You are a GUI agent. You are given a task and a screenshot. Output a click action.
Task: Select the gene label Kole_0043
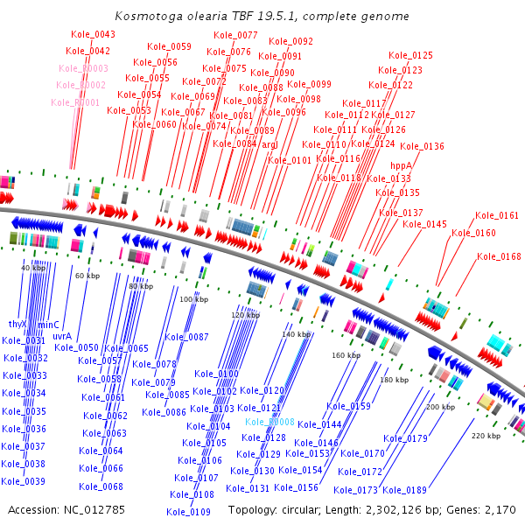pos(93,34)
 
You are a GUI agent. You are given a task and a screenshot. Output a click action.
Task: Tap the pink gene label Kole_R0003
pos(84,68)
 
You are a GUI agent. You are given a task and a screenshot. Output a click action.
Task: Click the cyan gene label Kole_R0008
pos(269,422)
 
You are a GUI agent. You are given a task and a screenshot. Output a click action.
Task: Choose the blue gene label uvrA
pos(62,335)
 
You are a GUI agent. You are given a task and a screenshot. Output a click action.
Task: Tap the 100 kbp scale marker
pos(194,299)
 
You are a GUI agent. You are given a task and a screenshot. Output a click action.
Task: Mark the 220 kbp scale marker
pos(486,436)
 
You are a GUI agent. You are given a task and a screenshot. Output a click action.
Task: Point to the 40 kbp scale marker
pos(33,268)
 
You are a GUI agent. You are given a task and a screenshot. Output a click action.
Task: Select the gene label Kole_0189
pos(405,490)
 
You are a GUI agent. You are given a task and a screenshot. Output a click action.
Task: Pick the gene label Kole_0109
pos(192,511)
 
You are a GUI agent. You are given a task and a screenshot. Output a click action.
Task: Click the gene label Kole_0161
pos(497,215)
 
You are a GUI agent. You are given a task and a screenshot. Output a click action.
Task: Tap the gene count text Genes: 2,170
pos(478,510)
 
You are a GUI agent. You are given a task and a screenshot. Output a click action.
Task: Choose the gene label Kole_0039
pos(24,481)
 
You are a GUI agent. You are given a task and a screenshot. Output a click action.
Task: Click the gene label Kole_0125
pos(410,55)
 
